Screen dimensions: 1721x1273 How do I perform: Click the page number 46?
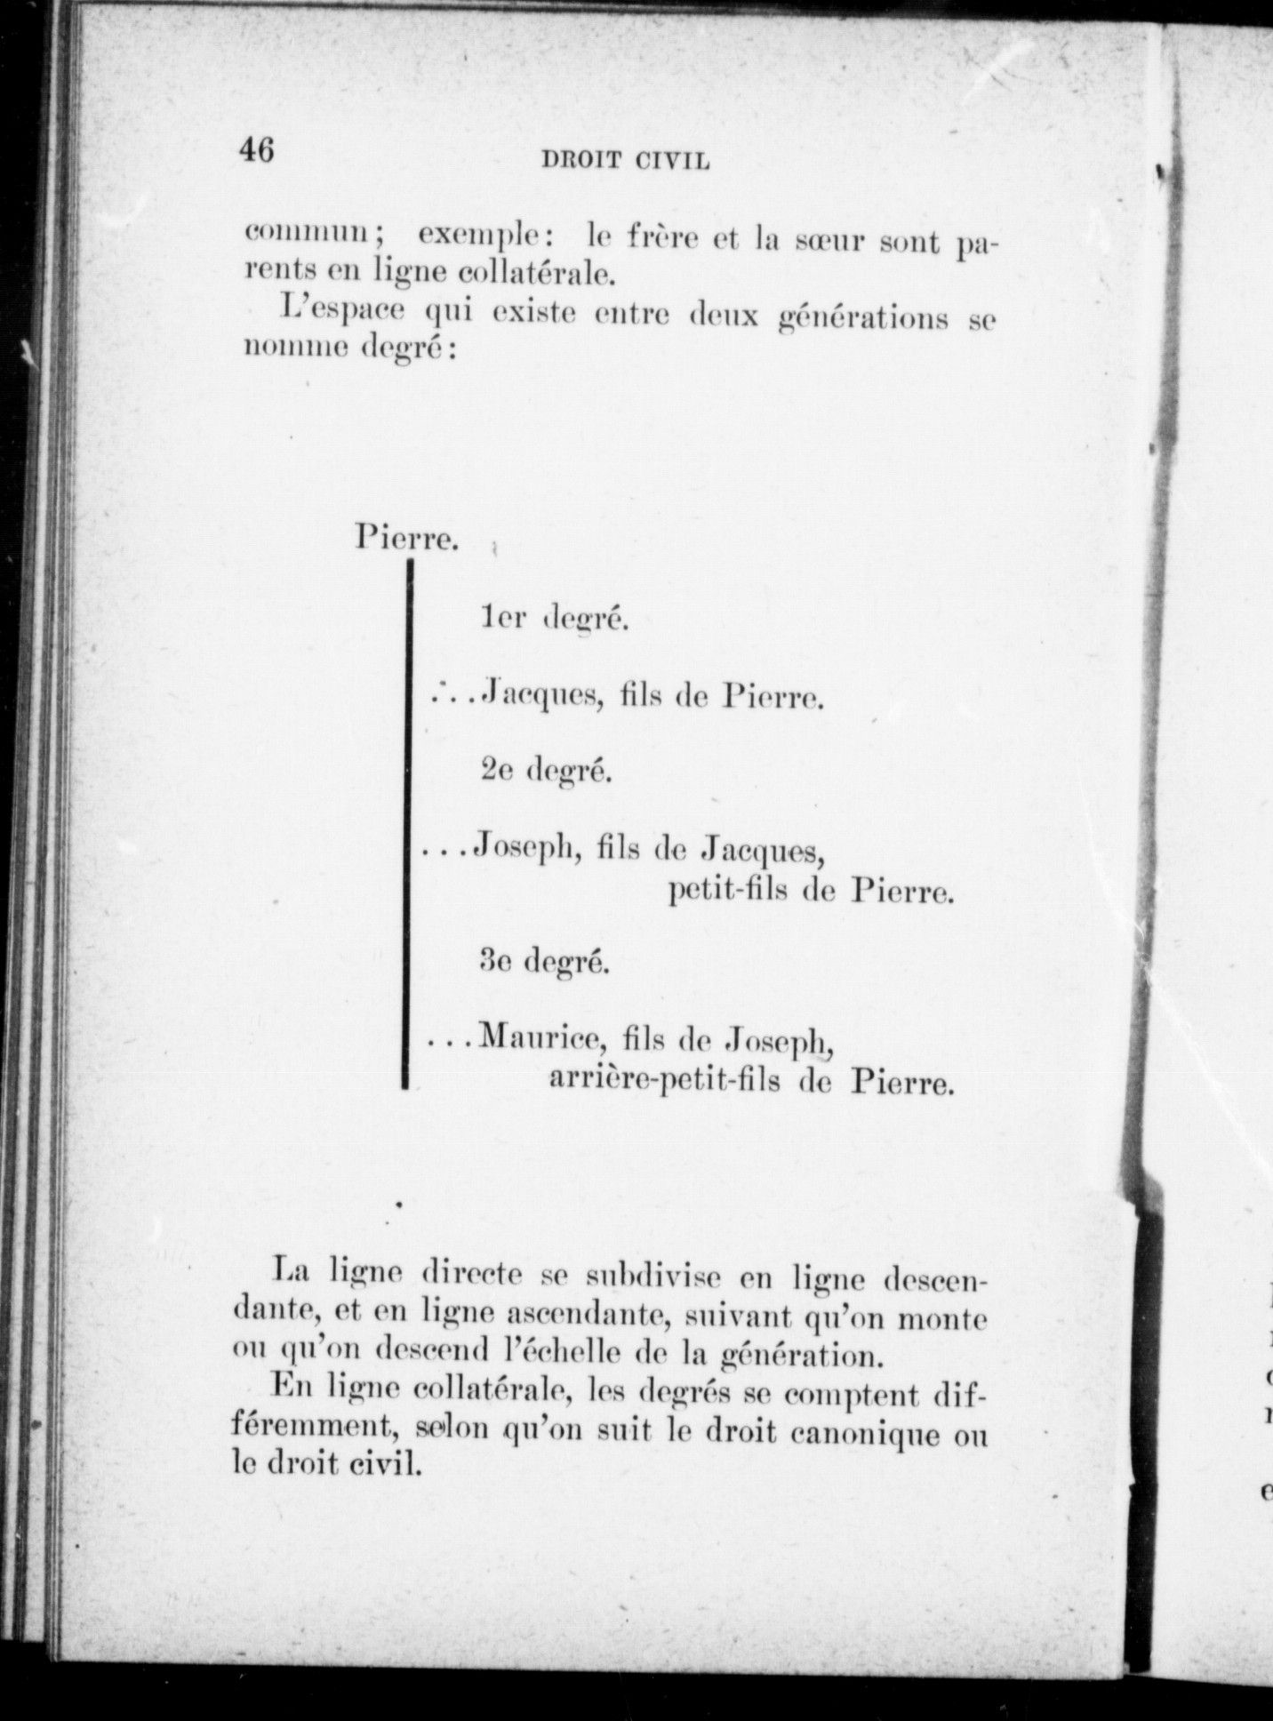pyautogui.click(x=255, y=149)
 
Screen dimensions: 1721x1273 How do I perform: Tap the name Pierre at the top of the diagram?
pyautogui.click(x=406, y=538)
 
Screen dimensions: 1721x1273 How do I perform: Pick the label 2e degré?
pyautogui.click(x=546, y=771)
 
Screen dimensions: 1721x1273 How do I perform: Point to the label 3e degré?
pyautogui.click(x=544, y=961)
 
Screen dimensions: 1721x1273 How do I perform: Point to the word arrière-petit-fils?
pyautogui.click(x=665, y=1081)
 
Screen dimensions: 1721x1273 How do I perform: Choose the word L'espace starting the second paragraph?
pyautogui.click(x=343, y=313)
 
